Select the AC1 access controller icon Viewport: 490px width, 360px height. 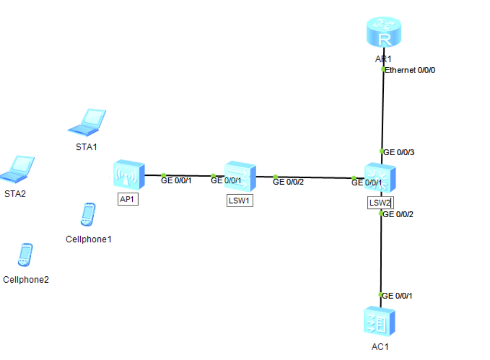[x=379, y=322]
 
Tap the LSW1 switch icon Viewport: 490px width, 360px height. [x=240, y=176]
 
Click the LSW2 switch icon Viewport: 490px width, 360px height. [x=380, y=178]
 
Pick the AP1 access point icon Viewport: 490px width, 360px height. [x=128, y=175]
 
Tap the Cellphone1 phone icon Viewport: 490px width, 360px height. [x=88, y=214]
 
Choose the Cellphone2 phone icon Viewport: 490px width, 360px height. [x=25, y=255]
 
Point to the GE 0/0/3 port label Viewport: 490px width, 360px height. [x=399, y=152]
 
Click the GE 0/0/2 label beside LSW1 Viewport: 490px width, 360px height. [x=288, y=182]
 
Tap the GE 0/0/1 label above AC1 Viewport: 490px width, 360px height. [x=397, y=296]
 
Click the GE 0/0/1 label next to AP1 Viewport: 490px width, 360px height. [x=176, y=181]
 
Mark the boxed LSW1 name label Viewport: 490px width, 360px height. [x=239, y=201]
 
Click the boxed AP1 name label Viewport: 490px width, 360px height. [x=128, y=199]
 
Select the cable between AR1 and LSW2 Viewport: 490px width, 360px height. [x=383, y=111]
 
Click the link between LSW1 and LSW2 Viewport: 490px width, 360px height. [x=313, y=177]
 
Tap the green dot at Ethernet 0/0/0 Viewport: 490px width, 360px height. [x=383, y=69]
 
